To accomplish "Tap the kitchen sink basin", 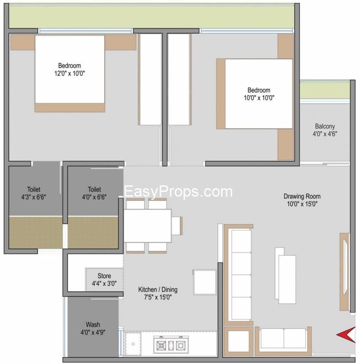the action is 133,344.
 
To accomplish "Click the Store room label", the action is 104,280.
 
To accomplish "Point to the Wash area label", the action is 92,328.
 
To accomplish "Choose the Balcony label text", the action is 325,130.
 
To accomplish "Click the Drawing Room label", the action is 302,200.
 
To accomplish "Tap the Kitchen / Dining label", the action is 157,293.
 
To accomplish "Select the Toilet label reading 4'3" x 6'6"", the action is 34,193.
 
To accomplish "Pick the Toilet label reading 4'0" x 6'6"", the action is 94,193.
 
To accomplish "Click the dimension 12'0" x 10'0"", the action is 69,73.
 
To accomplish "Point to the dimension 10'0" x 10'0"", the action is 259,98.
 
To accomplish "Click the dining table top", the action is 148,226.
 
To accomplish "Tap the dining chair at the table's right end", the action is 177,226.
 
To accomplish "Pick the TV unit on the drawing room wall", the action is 345,272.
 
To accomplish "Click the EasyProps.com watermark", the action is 178,192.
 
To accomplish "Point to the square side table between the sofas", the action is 238,341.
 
